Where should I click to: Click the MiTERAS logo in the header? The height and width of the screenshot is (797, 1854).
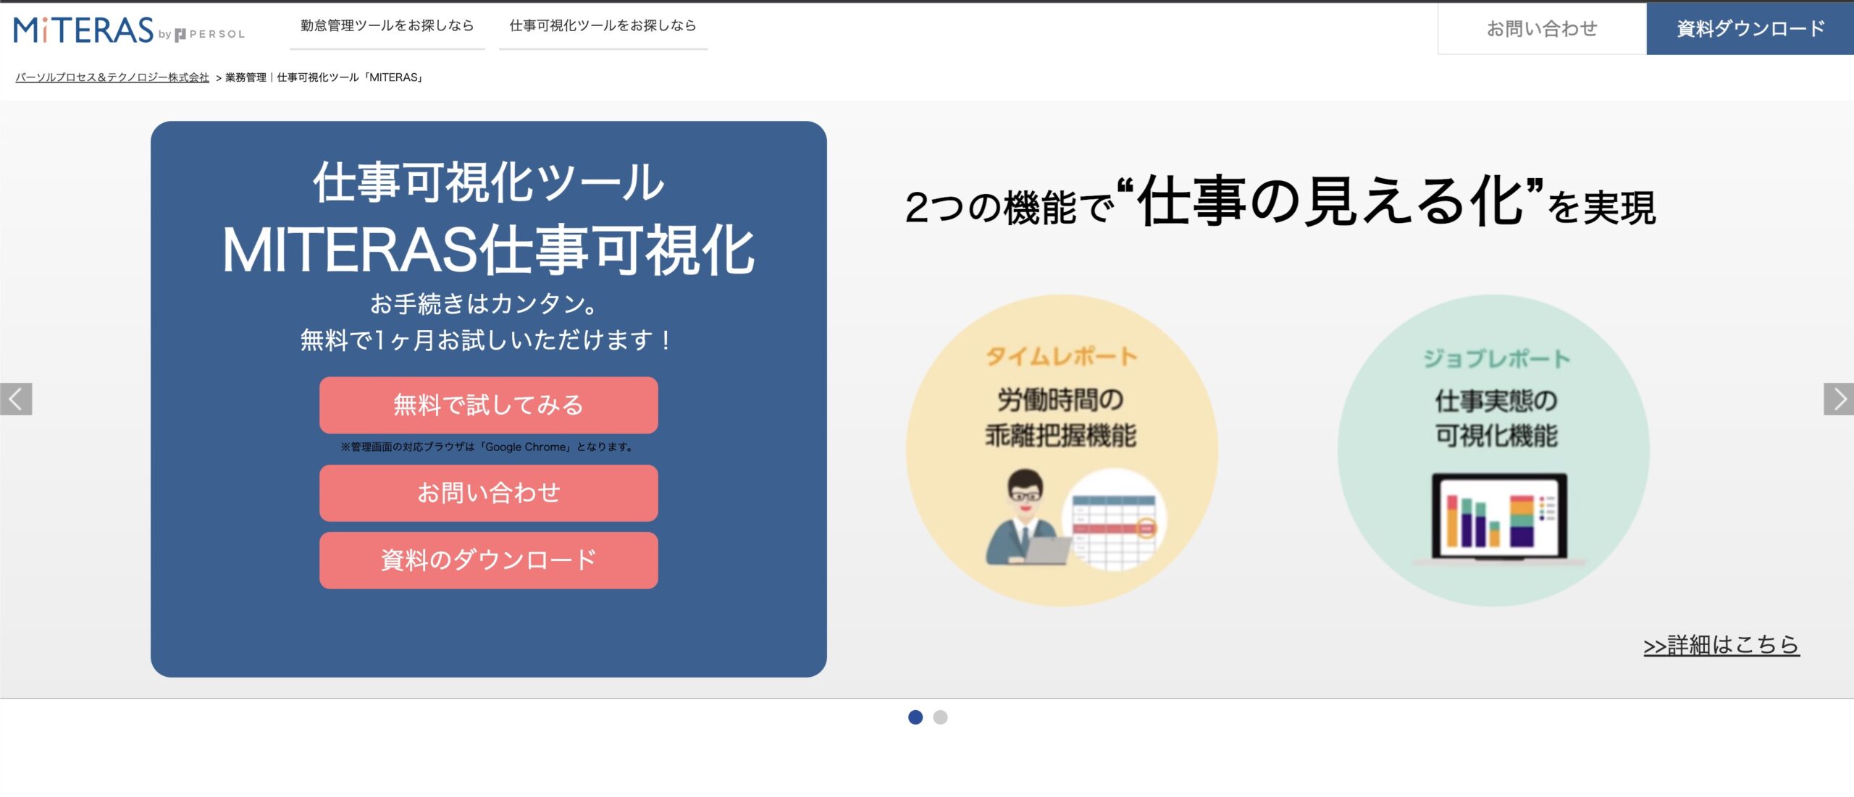pos(84,30)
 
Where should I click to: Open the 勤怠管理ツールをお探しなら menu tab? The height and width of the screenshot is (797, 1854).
pos(387,26)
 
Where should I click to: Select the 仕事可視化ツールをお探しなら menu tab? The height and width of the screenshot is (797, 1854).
pos(603,26)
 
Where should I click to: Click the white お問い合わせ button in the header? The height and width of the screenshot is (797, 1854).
pos(1541,28)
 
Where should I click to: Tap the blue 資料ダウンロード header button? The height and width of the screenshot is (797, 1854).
pos(1750,28)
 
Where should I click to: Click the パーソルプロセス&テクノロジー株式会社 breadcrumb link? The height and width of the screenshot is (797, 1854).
pos(112,77)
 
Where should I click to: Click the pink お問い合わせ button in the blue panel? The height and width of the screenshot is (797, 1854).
pos(488,493)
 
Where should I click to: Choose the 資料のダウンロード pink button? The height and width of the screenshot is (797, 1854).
pos(488,560)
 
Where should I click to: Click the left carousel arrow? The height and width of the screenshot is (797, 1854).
pos(16,399)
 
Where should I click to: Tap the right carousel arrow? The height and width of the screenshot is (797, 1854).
pos(1838,399)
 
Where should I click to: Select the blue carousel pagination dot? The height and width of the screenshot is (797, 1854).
pos(915,717)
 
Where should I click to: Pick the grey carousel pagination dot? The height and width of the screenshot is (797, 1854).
pos(940,717)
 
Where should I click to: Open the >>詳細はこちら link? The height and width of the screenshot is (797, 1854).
pos(1721,644)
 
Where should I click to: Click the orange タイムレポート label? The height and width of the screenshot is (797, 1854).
pos(1061,356)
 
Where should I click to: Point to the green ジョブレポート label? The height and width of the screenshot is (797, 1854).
pos(1496,358)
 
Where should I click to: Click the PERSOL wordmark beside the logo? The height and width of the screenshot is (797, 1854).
pos(216,34)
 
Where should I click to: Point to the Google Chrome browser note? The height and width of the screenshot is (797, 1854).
pos(488,447)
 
